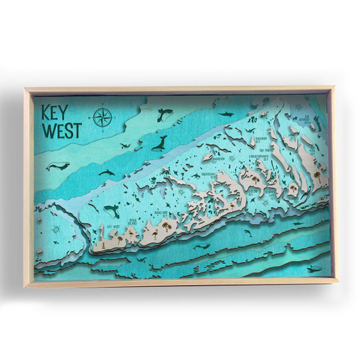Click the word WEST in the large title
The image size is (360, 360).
point(58,130)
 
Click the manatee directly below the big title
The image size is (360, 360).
point(55,164)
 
